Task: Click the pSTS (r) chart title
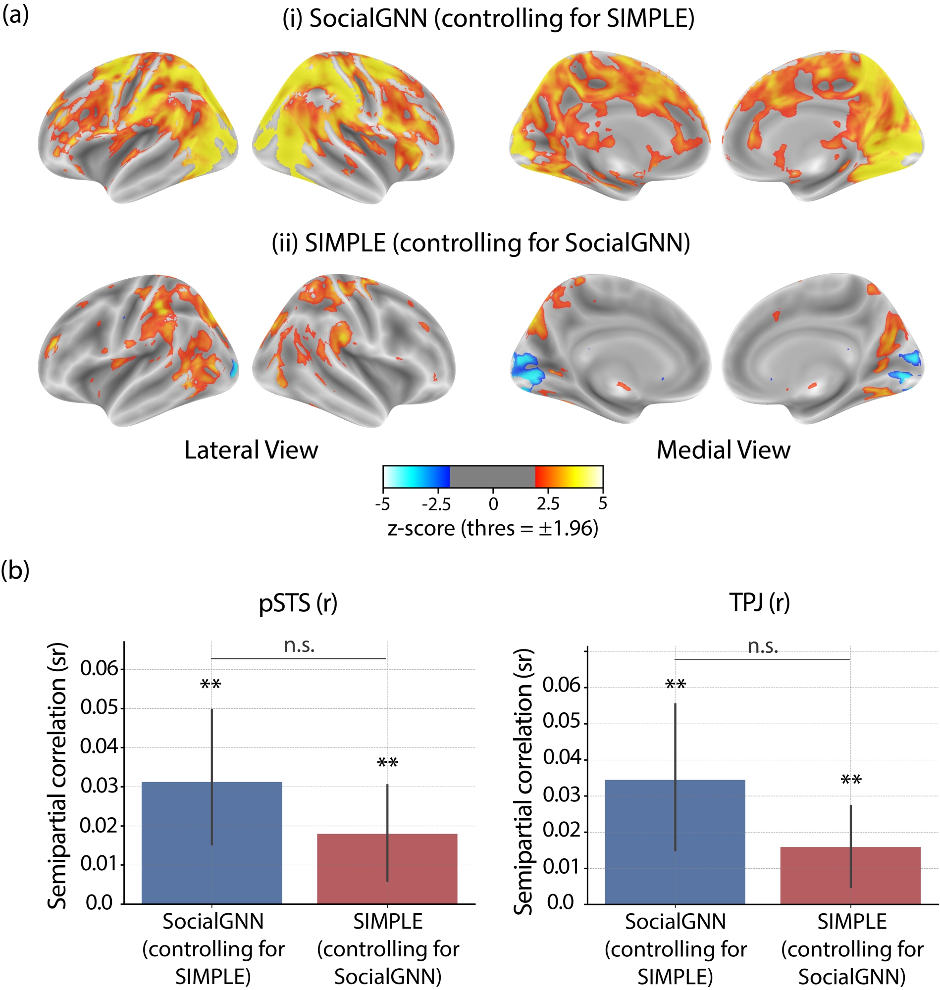click(298, 603)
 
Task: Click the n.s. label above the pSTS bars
click(299, 645)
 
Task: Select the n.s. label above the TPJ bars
click(763, 646)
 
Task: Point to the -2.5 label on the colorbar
click(436, 504)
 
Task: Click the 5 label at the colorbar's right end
click(603, 503)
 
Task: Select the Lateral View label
click(251, 450)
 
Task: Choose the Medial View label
click(724, 450)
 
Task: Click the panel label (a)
click(15, 15)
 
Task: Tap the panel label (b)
click(15, 570)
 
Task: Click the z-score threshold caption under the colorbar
click(493, 529)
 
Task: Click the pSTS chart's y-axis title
click(57, 776)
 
